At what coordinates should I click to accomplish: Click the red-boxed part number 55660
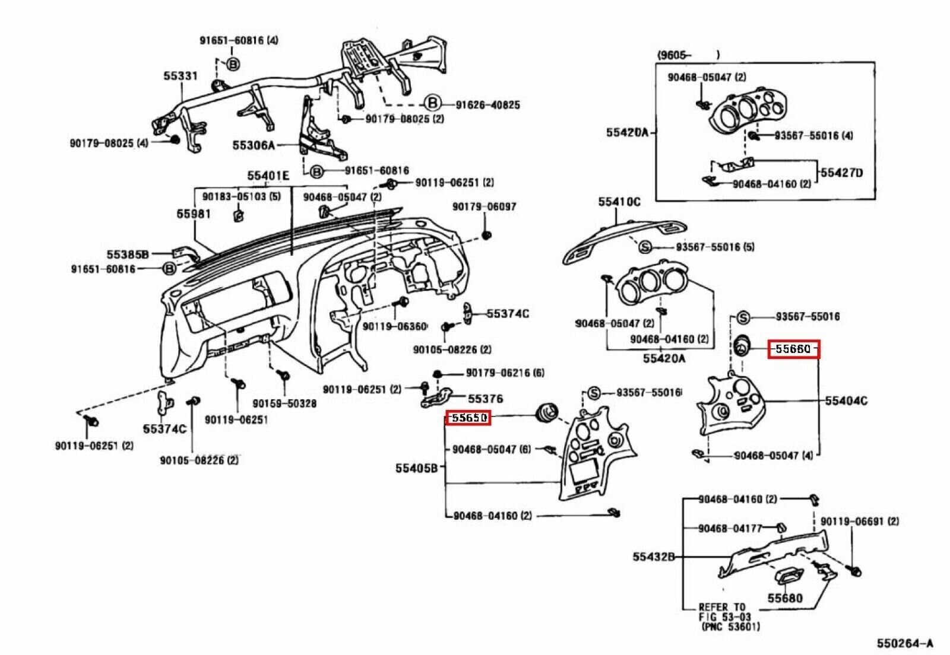pos(793,349)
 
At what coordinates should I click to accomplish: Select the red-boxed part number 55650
pos(468,418)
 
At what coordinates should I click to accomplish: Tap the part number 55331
pos(180,76)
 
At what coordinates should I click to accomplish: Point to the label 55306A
pos(253,145)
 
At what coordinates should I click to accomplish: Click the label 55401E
pos(268,176)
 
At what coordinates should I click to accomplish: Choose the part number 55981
pos(194,214)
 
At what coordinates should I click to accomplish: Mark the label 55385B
pos(128,254)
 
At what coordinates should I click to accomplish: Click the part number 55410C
pos(619,202)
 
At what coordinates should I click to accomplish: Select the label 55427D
pos(842,173)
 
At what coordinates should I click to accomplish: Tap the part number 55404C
pos(846,400)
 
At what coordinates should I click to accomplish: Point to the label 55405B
pos(416,468)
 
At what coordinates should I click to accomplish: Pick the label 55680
pos(785,598)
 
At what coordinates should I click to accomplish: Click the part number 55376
pos(485,399)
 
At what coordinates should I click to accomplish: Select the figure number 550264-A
pos(905,643)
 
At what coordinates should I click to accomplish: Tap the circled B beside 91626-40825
pos(433,103)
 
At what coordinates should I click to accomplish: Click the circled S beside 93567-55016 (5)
pos(645,247)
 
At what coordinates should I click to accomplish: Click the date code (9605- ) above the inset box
pos(688,55)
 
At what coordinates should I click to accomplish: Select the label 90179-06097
pos(484,206)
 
